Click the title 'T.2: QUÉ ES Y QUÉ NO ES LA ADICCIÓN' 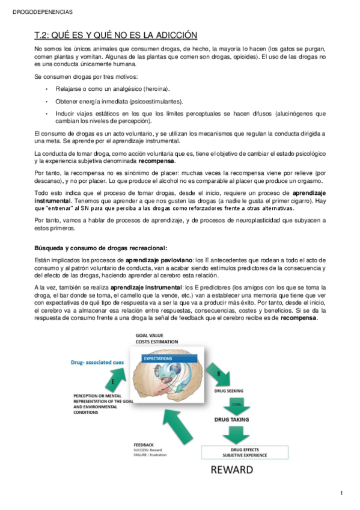(116, 35)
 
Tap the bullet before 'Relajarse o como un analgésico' (46, 88)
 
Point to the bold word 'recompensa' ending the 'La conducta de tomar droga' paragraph (157, 162)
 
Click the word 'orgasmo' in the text (310, 182)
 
